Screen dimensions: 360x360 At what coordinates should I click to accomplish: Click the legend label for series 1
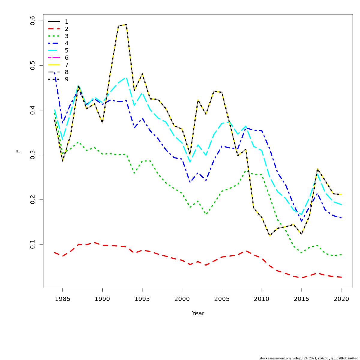67,22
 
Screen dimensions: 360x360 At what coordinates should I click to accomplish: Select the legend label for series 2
67,29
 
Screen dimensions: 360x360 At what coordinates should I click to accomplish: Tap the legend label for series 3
67,36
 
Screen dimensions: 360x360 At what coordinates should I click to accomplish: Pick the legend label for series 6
67,58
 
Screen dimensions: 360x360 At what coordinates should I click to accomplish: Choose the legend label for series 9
67,79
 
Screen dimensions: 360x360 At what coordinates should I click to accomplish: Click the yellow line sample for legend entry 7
54,65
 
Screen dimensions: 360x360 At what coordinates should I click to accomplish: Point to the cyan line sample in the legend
54,50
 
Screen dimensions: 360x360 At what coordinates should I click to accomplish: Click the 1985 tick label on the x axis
62,299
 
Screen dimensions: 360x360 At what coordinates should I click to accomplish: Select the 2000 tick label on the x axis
182,299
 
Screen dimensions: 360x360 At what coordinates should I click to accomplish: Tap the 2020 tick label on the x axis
341,299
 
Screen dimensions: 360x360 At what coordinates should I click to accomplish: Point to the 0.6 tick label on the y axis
33,21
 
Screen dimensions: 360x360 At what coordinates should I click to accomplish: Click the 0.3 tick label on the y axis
33,155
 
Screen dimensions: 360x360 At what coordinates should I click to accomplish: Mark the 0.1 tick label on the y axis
33,244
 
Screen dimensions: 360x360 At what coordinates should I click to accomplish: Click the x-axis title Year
198,313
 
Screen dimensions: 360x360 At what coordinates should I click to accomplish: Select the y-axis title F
18,151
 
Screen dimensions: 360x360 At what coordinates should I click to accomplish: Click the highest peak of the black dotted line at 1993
126,25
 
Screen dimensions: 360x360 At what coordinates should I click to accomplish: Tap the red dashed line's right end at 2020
341,277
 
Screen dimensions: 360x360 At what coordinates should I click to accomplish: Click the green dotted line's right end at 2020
341,255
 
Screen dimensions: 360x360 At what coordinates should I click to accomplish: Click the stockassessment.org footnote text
309,358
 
